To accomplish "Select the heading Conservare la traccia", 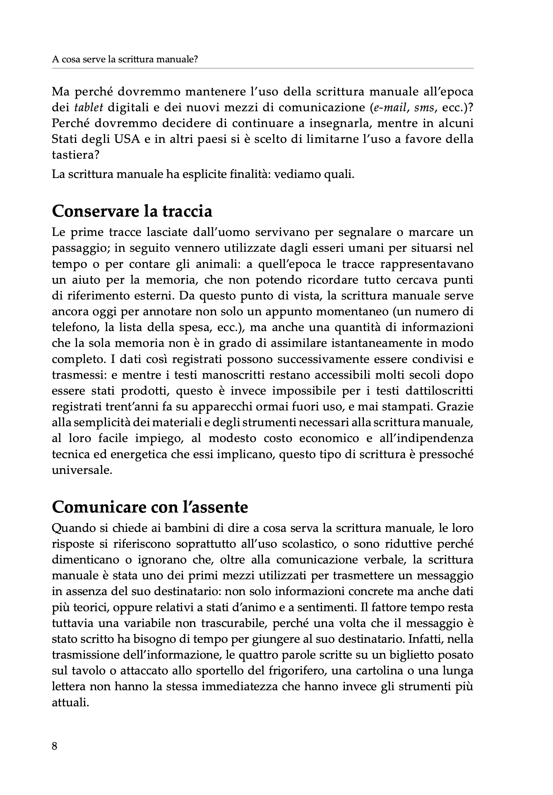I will pyautogui.click(x=132, y=211).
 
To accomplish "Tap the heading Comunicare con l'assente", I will pyautogui.click(x=150, y=507).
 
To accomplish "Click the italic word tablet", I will pyautogui.click(x=89, y=108).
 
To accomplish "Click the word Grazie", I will pyautogui.click(x=455, y=407).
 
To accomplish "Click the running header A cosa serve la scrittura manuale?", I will pyautogui.click(x=125, y=59).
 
